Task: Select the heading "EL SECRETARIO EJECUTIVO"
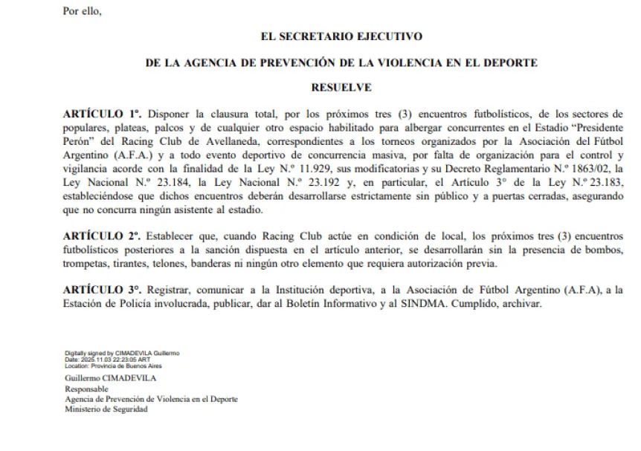point(341,36)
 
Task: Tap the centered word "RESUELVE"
point(341,88)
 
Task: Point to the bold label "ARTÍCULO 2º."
point(103,236)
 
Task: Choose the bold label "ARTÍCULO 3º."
point(103,288)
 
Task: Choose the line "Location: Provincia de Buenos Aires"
point(113,365)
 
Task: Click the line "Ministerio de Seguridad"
point(106,409)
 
